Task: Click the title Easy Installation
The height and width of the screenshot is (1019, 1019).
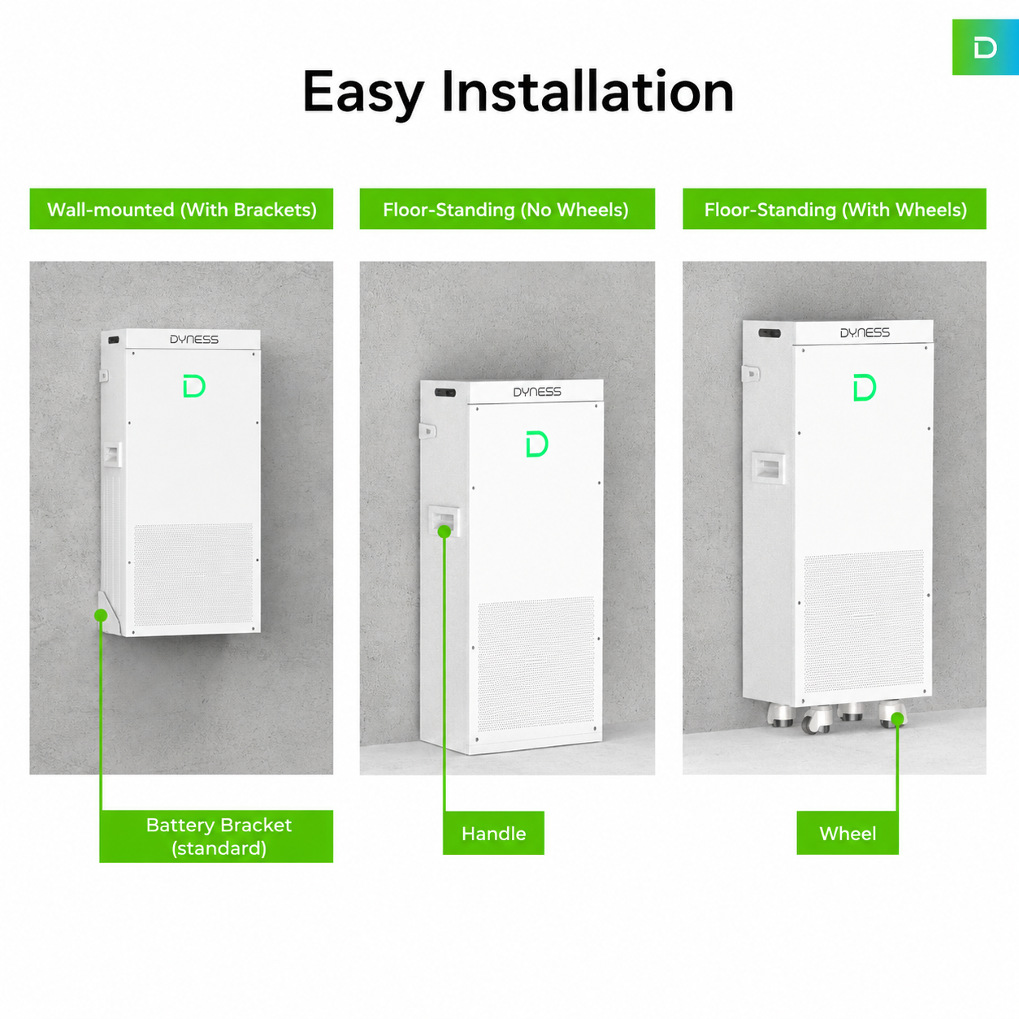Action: tap(518, 93)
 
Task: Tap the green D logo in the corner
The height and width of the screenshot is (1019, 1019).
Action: tap(985, 48)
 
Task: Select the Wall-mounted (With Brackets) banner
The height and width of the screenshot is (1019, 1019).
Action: tap(181, 209)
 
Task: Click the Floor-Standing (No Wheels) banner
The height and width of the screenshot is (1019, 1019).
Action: tap(507, 209)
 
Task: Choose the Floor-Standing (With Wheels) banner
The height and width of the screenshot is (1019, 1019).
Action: tap(835, 209)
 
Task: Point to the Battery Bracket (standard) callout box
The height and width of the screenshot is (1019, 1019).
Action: tap(216, 836)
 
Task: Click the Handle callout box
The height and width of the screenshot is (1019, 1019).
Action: tap(493, 834)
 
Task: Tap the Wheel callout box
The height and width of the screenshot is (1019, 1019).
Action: tap(848, 834)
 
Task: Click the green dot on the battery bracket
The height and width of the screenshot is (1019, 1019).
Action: tap(101, 615)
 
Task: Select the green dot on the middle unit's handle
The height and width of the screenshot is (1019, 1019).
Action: tap(444, 531)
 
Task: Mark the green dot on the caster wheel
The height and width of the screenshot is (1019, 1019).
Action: tap(897, 718)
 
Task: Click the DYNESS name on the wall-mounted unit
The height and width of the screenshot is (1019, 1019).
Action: tap(194, 340)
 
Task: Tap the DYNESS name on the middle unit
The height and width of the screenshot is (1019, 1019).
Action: tap(537, 392)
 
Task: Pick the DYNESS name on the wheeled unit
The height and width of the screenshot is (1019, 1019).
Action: tap(865, 332)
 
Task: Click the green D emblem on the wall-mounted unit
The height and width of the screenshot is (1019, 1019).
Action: tap(194, 386)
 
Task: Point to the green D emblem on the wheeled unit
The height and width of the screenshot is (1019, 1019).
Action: tap(865, 387)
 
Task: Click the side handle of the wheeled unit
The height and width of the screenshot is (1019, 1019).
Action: tap(769, 468)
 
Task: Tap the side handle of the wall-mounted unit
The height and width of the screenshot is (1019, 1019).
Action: tap(113, 455)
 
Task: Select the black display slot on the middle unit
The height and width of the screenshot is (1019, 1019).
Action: tap(445, 392)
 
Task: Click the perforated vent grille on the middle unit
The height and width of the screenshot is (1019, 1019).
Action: tap(536, 665)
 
